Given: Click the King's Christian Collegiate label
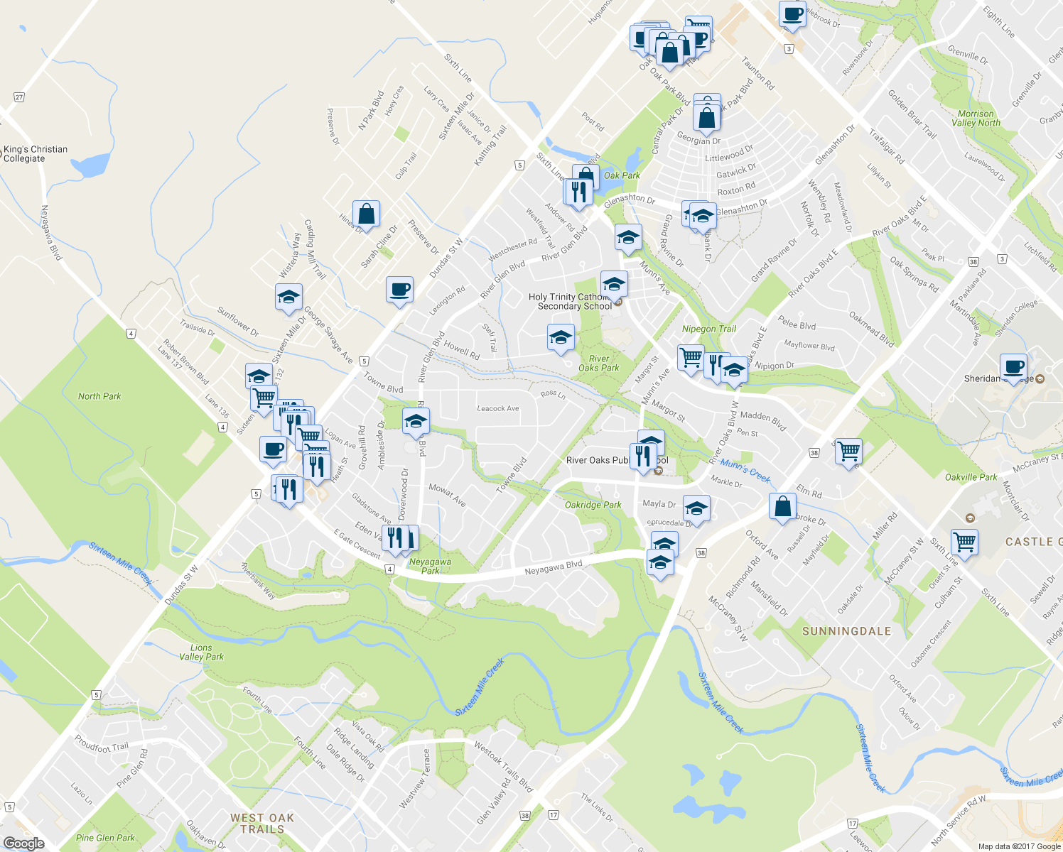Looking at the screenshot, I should click(x=35, y=153).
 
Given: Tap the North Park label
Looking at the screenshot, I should click(x=99, y=396).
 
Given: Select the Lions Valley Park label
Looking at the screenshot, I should click(x=201, y=652).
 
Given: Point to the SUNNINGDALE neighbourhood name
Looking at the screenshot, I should click(x=846, y=631).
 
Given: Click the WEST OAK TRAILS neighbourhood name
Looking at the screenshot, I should click(x=262, y=824).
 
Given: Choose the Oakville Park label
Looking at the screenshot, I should click(x=971, y=477).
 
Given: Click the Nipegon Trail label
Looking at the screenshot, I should click(x=709, y=329).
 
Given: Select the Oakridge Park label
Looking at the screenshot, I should click(x=593, y=505).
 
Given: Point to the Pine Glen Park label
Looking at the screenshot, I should click(x=105, y=838).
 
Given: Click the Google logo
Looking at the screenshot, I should click(x=23, y=843).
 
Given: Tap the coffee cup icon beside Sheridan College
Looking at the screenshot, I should click(x=1013, y=367).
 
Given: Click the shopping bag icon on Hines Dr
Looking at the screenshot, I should click(x=366, y=213).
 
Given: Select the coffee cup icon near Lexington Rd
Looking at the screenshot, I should click(x=399, y=289).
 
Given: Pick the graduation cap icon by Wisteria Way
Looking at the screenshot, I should click(x=288, y=297).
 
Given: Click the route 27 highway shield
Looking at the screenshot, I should click(x=19, y=97).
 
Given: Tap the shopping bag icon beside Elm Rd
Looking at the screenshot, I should click(x=782, y=507).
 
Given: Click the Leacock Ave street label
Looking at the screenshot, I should click(x=497, y=408).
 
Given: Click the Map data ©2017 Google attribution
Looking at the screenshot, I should click(x=1019, y=846).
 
